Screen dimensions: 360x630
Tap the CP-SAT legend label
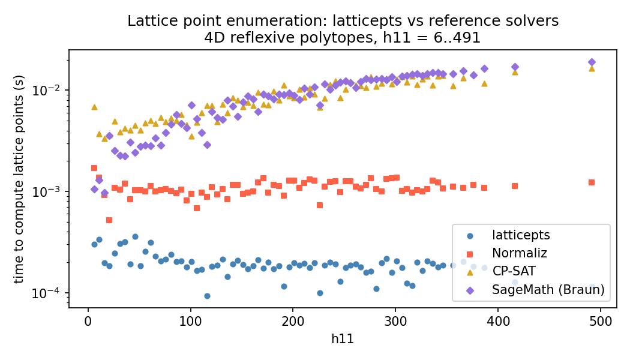point(514,272)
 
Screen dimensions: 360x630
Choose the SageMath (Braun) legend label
point(548,290)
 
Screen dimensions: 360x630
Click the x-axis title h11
point(343,339)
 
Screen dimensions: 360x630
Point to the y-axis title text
point(19,179)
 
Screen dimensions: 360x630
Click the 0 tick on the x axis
point(88,320)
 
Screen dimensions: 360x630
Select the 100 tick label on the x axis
point(190,320)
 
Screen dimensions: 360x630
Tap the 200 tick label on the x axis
point(293,320)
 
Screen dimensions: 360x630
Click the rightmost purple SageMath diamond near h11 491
point(592,62)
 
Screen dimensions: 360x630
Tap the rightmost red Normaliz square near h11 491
point(592,182)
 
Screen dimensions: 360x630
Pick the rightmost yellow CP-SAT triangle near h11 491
point(592,68)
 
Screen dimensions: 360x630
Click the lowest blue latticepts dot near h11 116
point(207,296)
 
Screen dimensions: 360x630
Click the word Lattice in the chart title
point(147,21)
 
